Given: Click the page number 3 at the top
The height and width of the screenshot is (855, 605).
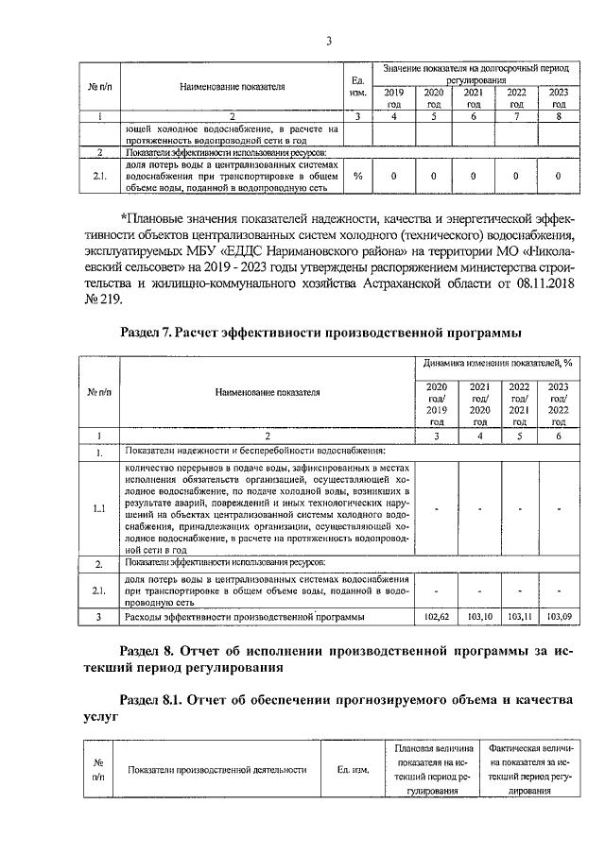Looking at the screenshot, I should point(328,40).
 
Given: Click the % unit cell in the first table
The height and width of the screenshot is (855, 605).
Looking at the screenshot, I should point(357,176).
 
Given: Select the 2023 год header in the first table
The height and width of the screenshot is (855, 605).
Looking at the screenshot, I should point(558,98).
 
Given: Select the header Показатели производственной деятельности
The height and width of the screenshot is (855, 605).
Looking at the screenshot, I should point(217,769).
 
